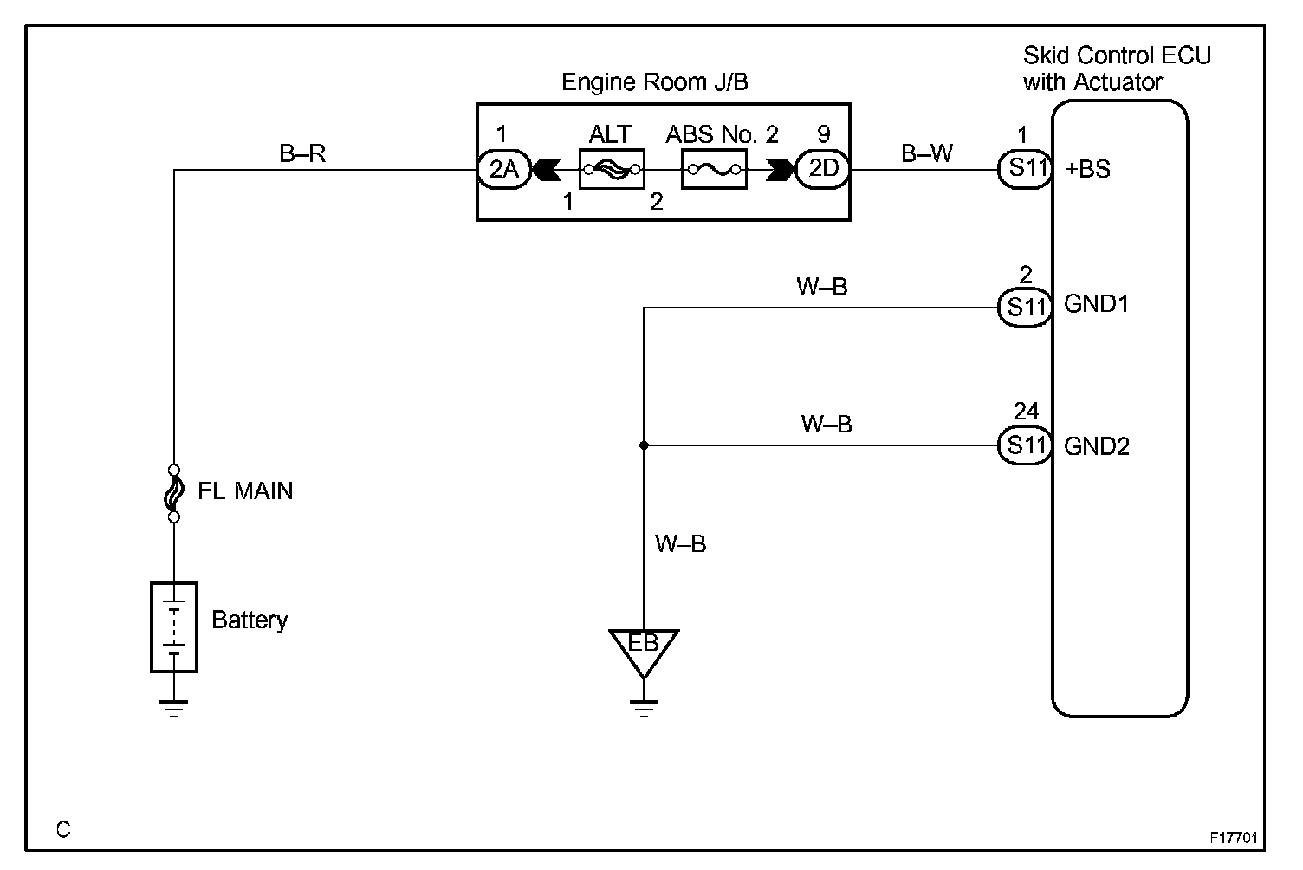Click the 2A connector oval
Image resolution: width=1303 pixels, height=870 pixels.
503,169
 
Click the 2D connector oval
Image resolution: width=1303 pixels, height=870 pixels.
822,169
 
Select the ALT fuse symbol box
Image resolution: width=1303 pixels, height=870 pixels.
612,169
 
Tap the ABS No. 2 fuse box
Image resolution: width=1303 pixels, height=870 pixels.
715,169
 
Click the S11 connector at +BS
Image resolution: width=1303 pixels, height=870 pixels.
1025,169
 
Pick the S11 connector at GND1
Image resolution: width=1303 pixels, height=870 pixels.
1025,308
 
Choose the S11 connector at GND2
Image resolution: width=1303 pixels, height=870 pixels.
1025,445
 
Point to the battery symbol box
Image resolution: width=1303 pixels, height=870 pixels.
174,627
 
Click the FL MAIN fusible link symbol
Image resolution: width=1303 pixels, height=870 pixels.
174,493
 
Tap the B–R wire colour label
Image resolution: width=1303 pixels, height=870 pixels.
302,153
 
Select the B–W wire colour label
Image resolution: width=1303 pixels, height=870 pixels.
927,153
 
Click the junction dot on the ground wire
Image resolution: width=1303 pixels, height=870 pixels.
644,445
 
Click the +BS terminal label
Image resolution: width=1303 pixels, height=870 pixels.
1087,169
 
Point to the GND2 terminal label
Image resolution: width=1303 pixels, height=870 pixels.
1097,446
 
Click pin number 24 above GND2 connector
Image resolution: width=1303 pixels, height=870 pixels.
1026,411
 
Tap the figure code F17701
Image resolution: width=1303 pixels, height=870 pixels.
1233,837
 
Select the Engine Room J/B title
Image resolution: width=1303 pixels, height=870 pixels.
654,82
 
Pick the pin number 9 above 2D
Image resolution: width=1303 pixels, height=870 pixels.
824,134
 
